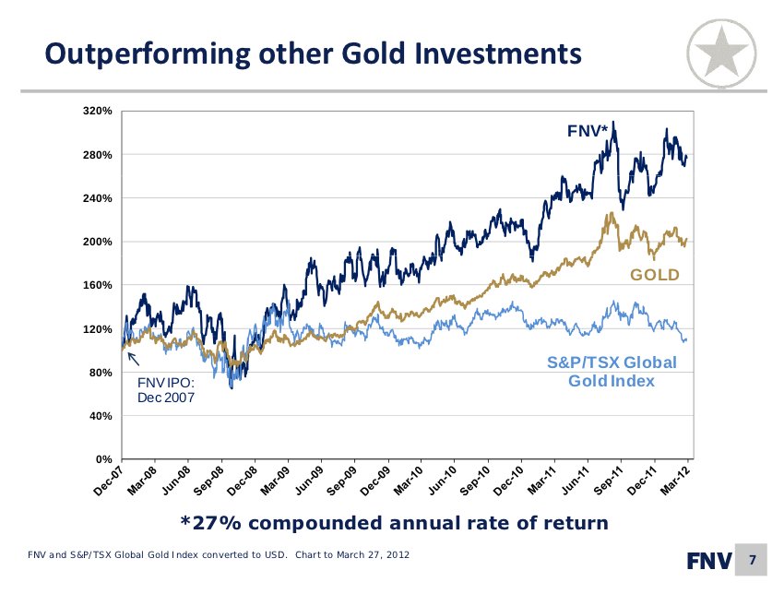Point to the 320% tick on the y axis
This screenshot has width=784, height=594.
coord(98,112)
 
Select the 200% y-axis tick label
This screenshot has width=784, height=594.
coord(98,242)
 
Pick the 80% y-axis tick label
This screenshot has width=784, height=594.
coord(101,373)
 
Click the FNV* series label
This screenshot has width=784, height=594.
coord(587,133)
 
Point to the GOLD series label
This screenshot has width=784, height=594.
coord(654,275)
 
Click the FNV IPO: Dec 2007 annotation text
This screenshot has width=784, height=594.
coord(166,388)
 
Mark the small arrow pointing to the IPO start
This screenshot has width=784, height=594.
coord(132,359)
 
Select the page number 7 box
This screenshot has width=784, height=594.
coord(753,560)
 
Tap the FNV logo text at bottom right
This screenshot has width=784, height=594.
coord(709,560)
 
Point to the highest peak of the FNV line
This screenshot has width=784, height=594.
coord(614,122)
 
